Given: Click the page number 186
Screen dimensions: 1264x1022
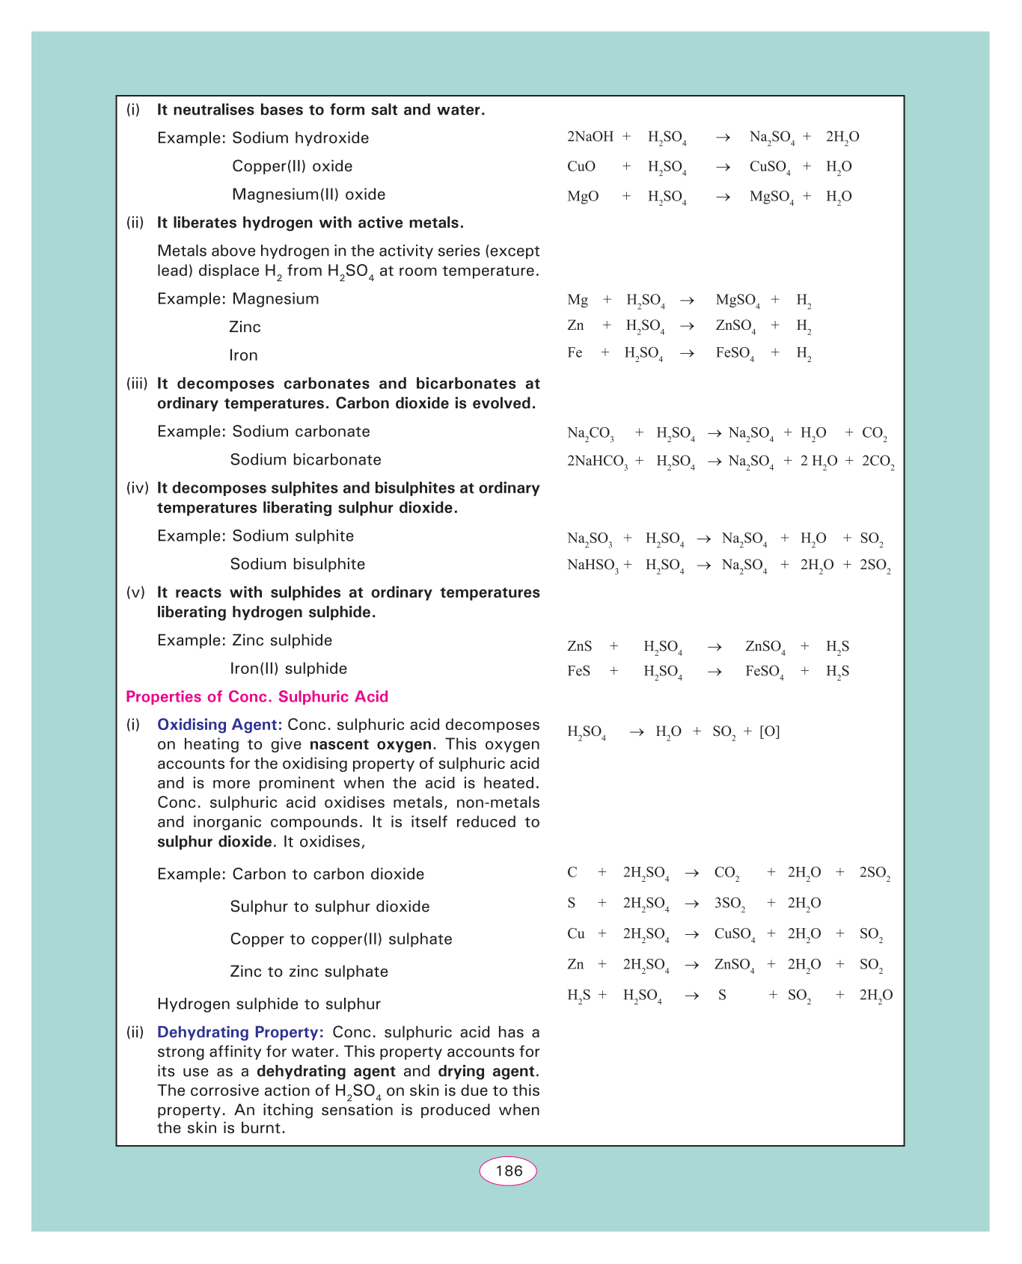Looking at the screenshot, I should pyautogui.click(x=508, y=1171).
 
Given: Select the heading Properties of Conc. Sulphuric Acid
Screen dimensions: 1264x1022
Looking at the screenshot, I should pyautogui.click(x=257, y=697).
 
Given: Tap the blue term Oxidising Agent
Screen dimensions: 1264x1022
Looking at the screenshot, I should pyautogui.click(x=218, y=725).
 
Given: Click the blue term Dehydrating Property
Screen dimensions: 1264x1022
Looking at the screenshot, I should pyautogui.click(x=240, y=1032).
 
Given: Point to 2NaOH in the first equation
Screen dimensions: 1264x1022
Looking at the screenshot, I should pyautogui.click(x=590, y=137).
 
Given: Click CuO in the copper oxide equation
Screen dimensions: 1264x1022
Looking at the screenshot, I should pyautogui.click(x=581, y=167).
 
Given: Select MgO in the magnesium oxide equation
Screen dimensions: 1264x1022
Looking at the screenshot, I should pyautogui.click(x=583, y=197).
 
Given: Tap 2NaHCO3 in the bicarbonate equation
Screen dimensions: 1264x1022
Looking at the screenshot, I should pyautogui.click(x=597, y=461).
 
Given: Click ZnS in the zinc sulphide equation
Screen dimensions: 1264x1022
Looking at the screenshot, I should pyautogui.click(x=579, y=646).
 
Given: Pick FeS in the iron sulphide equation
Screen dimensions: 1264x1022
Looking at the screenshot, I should pyautogui.click(x=578, y=671).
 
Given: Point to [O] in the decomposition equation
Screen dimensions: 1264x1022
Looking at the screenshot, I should pyautogui.click(x=769, y=731).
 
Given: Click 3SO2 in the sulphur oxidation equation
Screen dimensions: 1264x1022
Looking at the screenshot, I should pyautogui.click(x=729, y=903).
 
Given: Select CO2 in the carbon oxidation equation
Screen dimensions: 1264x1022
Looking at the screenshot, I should pyautogui.click(x=726, y=873).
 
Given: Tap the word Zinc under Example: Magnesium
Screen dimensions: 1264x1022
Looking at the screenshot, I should pyautogui.click(x=245, y=328).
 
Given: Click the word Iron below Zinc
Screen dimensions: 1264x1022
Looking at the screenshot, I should pyautogui.click(x=243, y=356).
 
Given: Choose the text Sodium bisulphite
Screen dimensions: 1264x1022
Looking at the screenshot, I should pyautogui.click(x=297, y=565).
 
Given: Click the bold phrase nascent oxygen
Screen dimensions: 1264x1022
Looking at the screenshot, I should pyautogui.click(x=370, y=744).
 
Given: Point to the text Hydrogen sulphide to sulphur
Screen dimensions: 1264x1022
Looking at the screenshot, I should pyautogui.click(x=269, y=1004).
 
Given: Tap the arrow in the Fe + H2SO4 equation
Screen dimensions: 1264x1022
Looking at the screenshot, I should pyautogui.click(x=687, y=354).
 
